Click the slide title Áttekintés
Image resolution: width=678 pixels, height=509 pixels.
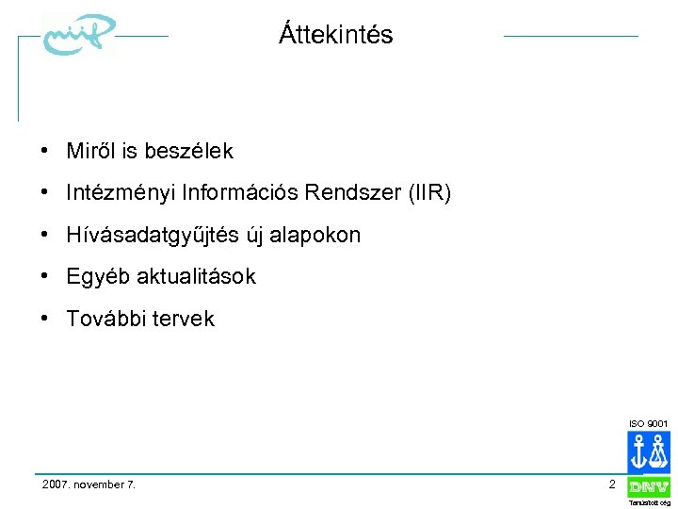click(336, 36)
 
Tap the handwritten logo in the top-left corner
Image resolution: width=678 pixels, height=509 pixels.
click(78, 38)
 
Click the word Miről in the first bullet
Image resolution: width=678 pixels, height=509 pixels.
click(91, 151)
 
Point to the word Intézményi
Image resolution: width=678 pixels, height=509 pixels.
click(121, 193)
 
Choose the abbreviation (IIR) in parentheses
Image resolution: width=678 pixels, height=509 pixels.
click(428, 193)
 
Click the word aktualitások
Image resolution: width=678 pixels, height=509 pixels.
click(197, 277)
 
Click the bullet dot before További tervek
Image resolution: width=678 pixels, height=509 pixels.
click(45, 319)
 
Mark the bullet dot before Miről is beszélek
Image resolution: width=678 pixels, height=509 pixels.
click(45, 151)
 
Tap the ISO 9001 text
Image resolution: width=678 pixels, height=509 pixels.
click(648, 424)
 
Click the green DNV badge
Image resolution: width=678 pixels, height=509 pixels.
click(649, 487)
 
